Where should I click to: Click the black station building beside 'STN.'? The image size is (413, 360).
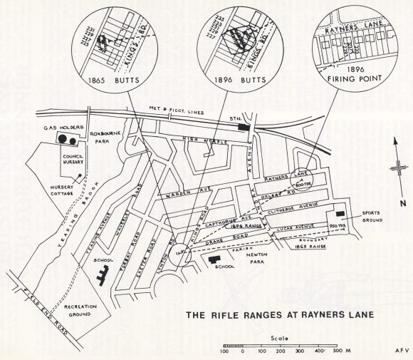tap(246, 127)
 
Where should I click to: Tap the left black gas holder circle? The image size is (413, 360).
tap(61, 139)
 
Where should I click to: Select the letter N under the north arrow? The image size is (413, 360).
tap(395, 202)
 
